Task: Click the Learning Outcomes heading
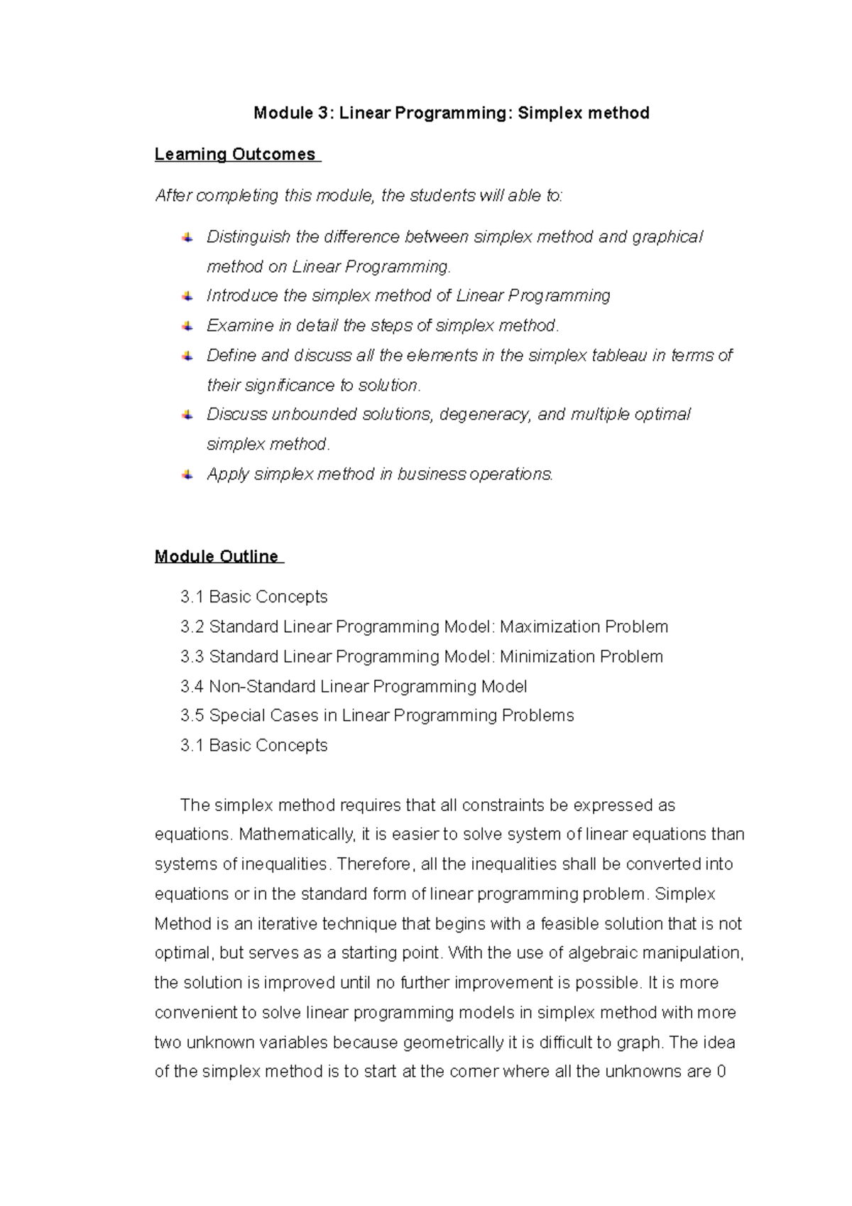pos(235,154)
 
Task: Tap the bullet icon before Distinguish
pos(187,237)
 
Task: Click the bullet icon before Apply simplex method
pos(187,474)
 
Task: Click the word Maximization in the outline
pos(540,626)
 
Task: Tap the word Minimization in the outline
pos(537,656)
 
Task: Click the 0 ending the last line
pos(721,1071)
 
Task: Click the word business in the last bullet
pos(432,474)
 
